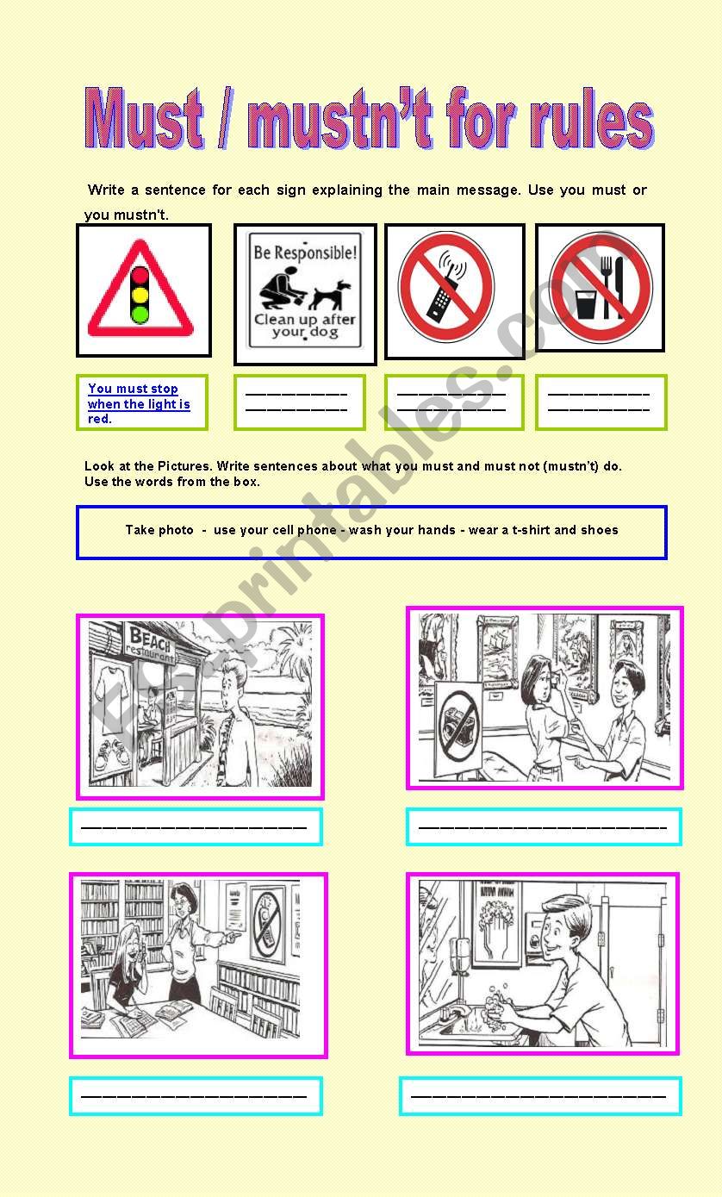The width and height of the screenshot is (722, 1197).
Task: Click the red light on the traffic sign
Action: click(140, 277)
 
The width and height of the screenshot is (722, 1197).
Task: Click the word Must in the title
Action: click(144, 120)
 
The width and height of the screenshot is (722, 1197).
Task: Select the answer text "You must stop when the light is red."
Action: click(138, 403)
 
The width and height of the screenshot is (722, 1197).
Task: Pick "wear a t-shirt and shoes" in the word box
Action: click(543, 530)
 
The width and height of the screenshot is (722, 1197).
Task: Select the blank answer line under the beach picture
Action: click(196, 827)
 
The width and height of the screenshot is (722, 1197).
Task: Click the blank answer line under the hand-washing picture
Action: click(539, 1096)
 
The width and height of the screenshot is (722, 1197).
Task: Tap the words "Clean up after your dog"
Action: click(304, 326)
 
